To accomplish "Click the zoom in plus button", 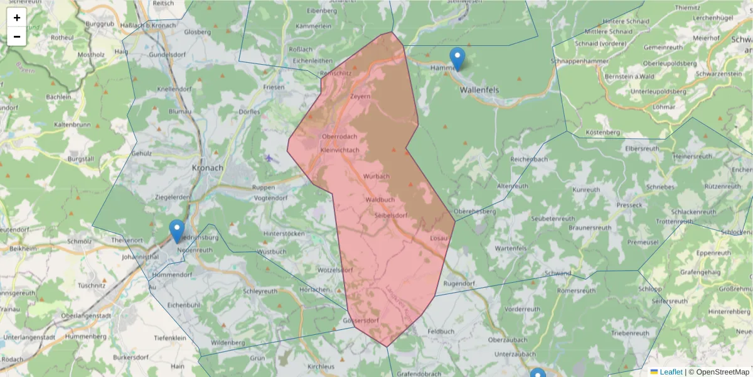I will coord(17,18).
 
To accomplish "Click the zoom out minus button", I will coord(17,36).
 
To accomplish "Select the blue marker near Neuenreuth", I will coord(178,231).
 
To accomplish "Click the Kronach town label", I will coord(208,168).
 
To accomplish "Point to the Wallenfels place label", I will coord(479,90).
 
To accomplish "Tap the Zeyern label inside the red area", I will coord(360,97).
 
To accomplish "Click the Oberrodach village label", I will coord(339,138).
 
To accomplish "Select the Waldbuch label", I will coord(380,200).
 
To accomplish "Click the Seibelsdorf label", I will coord(392,216).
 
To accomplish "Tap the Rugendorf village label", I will coord(459,284).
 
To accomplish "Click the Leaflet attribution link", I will coord(671,372).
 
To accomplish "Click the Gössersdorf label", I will coord(361,320).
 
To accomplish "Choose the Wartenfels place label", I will coord(510,249).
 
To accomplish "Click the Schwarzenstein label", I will coord(719,74).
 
